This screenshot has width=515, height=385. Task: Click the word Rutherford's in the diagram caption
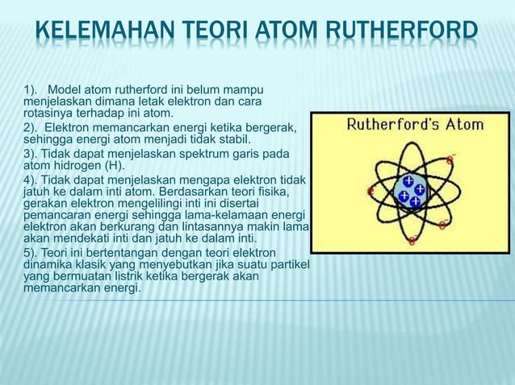coord(387,125)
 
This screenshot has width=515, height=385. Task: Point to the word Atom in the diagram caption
coord(460,125)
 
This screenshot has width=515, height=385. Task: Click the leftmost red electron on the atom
coord(371,192)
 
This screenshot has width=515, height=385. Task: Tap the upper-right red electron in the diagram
coord(449,160)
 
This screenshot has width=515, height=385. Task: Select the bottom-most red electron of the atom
coord(412,239)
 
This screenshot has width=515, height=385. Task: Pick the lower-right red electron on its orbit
coord(442,225)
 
